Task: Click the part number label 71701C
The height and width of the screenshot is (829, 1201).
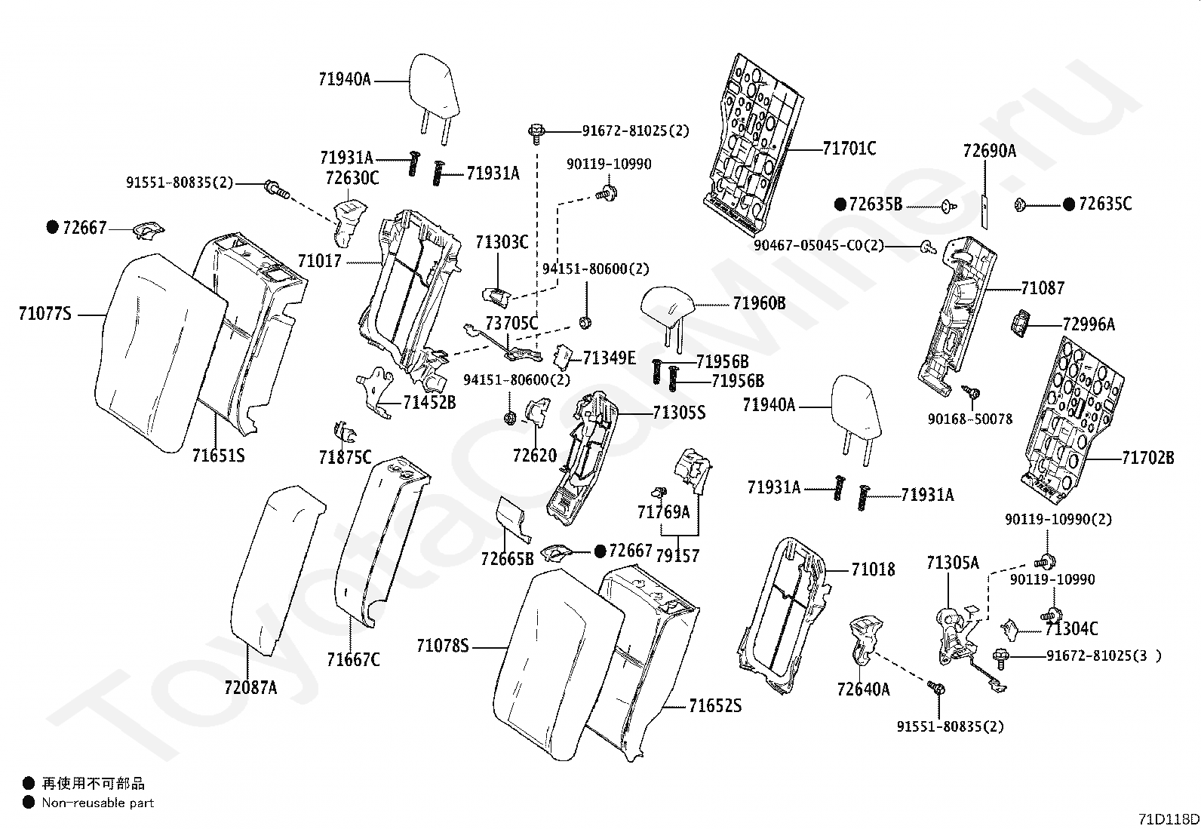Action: click(x=849, y=148)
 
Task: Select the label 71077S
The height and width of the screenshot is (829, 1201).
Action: click(x=45, y=313)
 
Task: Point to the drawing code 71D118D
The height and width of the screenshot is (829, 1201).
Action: click(x=1169, y=818)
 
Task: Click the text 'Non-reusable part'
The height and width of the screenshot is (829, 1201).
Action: click(x=97, y=803)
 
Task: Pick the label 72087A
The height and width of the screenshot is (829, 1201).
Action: click(x=250, y=687)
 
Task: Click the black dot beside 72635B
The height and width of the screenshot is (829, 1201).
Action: click(x=840, y=204)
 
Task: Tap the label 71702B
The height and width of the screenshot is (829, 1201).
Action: click(x=1148, y=457)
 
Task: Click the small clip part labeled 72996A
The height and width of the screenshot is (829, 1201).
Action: click(x=1019, y=324)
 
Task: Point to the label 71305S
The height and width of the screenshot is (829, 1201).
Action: click(x=679, y=413)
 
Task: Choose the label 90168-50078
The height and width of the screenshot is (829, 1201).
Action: click(x=970, y=419)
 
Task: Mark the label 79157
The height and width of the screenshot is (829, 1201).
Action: click(x=677, y=555)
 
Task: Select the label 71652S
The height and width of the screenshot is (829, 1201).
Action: click(x=715, y=706)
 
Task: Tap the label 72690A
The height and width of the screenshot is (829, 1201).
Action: click(x=989, y=151)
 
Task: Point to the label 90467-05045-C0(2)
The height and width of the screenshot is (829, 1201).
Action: click(x=819, y=246)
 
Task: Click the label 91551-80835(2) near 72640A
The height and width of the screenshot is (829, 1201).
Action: click(x=950, y=726)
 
